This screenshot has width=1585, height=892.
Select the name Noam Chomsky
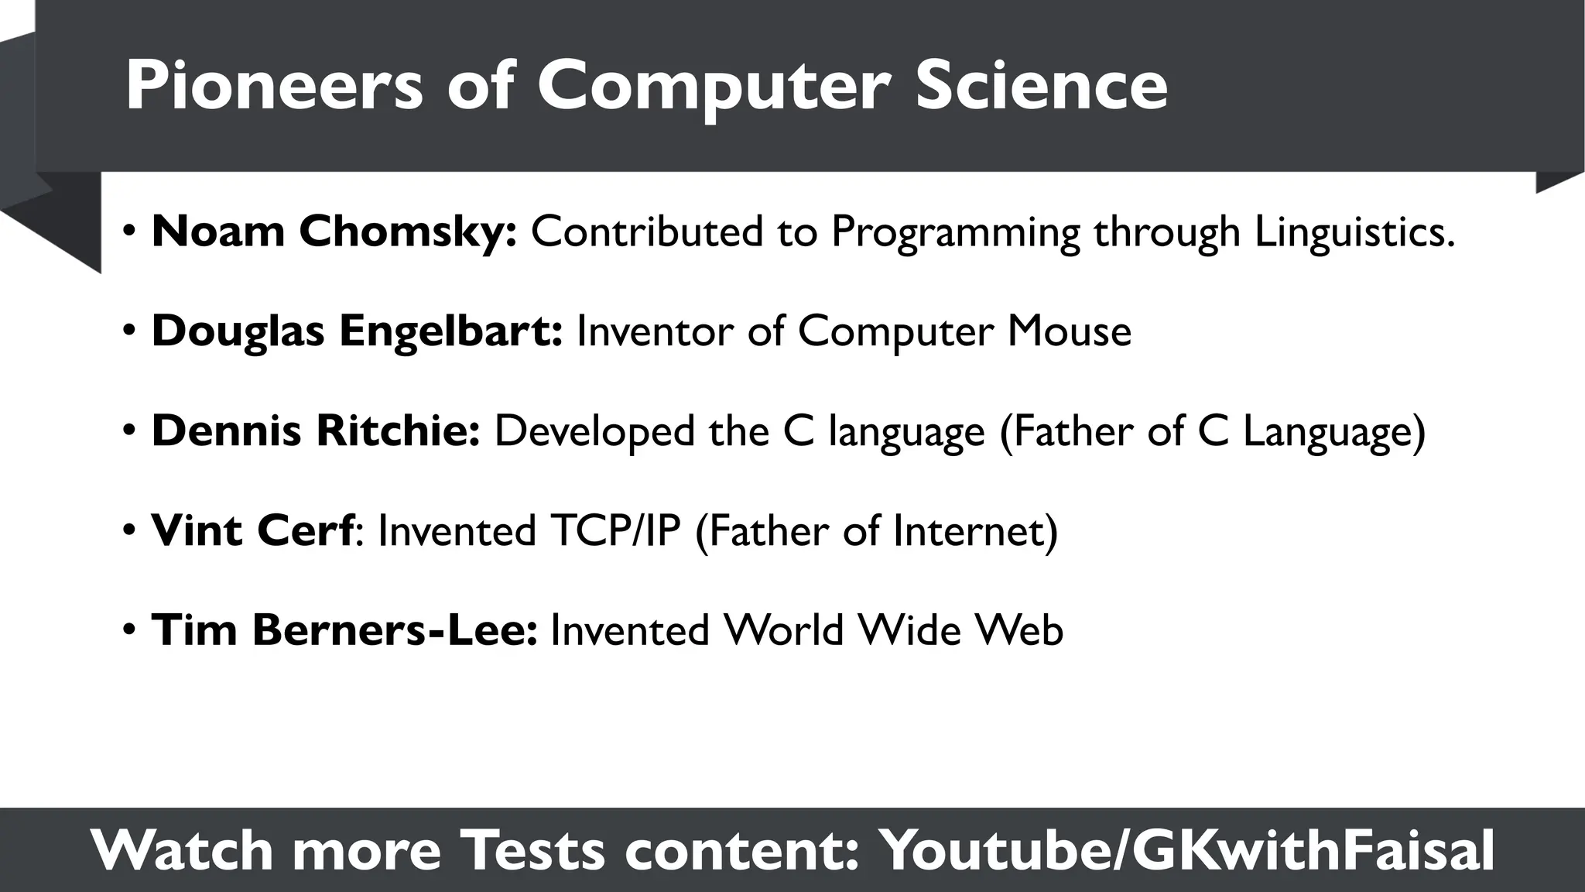pos(334,231)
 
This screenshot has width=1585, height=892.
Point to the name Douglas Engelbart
pos(357,331)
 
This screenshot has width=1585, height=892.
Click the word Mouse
pos(1069,331)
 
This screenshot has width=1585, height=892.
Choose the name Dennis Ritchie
pos(316,431)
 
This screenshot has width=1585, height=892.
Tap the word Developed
pos(594,431)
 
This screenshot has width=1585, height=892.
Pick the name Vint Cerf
pos(252,530)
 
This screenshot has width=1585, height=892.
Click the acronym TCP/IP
pos(615,530)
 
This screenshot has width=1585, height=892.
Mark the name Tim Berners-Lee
pos(344,630)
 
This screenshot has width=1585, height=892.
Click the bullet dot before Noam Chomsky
pos(129,232)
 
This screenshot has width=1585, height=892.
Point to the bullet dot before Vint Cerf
pos(129,531)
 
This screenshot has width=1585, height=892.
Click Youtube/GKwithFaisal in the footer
pos(1188,850)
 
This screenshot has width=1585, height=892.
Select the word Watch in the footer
pos(182,850)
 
